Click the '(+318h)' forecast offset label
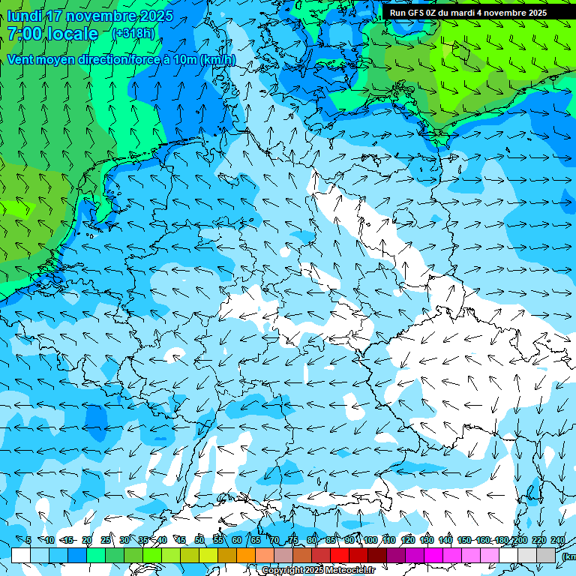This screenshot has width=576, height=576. click(133, 34)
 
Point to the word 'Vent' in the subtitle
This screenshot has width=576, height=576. click(20, 59)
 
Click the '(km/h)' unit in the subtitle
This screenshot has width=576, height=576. click(217, 59)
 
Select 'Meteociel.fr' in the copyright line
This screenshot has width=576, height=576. click(350, 571)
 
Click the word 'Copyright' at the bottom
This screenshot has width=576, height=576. click(283, 571)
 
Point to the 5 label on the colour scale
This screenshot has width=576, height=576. click(28, 541)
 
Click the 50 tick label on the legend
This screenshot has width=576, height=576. click(199, 541)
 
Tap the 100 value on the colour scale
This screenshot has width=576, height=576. click(370, 541)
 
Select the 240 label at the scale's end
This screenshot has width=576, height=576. click(558, 541)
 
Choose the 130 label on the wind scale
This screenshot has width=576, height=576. click(427, 541)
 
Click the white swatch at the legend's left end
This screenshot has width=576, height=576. click(21, 555)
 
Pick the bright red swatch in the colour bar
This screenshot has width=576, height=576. click(340, 555)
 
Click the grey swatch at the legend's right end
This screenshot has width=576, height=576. click(546, 555)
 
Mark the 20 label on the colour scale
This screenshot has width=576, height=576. click(87, 541)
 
